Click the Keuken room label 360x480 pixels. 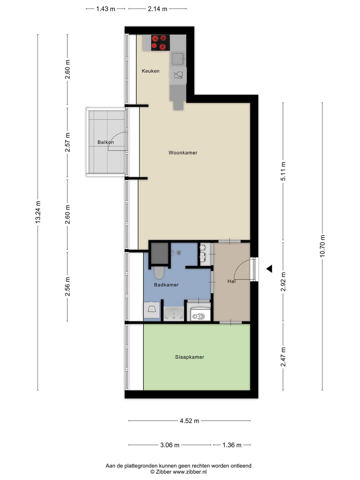tap(150, 71)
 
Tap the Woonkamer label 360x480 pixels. tap(183, 153)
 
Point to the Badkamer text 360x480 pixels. tap(166, 285)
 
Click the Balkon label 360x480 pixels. tap(106, 142)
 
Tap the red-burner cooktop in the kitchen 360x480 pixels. tap(160, 43)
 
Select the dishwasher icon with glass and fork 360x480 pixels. tap(178, 75)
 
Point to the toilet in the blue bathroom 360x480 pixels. tap(159, 273)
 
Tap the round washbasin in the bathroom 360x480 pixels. tap(174, 314)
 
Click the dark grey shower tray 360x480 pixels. tap(160, 253)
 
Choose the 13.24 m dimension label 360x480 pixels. tap(38, 212)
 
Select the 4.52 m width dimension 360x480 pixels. tap(189, 421)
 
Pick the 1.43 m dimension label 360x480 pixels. tap(106, 9)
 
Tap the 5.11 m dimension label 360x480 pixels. tap(283, 171)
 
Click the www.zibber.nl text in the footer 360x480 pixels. tap(190, 472)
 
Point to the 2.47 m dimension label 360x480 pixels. tap(283, 357)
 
